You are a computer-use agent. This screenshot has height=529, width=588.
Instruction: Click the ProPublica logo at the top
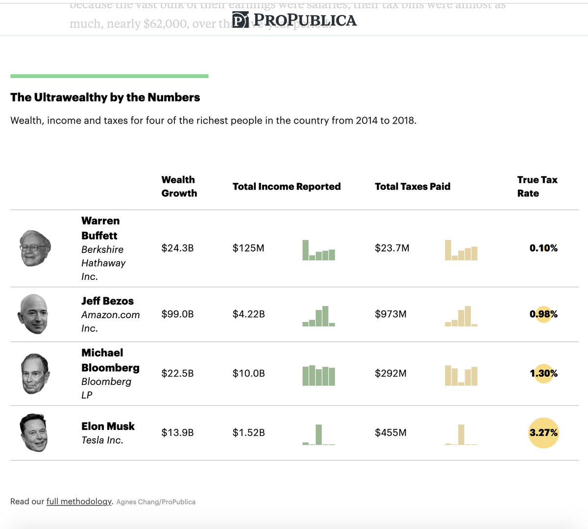point(294,20)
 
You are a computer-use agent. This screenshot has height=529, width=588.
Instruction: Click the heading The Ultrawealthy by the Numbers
point(105,97)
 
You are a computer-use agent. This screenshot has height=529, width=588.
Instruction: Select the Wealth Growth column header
point(179,186)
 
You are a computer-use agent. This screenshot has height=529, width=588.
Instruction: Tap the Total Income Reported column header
point(286,186)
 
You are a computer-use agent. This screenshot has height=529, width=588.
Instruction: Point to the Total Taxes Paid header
point(412,186)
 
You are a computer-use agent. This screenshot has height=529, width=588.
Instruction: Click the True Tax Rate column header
point(537,186)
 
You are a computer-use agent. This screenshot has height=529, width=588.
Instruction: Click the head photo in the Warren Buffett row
point(35,248)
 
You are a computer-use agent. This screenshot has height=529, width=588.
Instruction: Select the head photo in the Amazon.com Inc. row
point(33,314)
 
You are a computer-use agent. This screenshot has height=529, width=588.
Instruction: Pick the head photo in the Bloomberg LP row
point(35,374)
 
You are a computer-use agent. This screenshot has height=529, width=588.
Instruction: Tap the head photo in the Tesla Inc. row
point(34,432)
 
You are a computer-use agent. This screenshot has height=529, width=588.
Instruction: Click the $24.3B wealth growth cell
point(177,248)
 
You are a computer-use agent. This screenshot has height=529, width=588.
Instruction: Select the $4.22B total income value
point(248,314)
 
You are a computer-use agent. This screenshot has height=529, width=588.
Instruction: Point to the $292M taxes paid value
point(391,374)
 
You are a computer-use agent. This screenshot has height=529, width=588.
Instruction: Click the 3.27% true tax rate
point(543,432)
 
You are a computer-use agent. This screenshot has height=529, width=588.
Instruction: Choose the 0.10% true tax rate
point(543,248)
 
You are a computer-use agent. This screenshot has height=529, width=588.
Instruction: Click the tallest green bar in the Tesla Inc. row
point(319,434)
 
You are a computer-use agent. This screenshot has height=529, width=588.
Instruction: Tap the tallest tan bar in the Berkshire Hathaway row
point(448,250)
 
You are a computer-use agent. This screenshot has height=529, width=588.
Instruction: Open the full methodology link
point(79,501)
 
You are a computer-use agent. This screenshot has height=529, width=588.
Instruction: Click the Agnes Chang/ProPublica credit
point(156,502)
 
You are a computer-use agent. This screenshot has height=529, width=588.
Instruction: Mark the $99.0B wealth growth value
point(177,314)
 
